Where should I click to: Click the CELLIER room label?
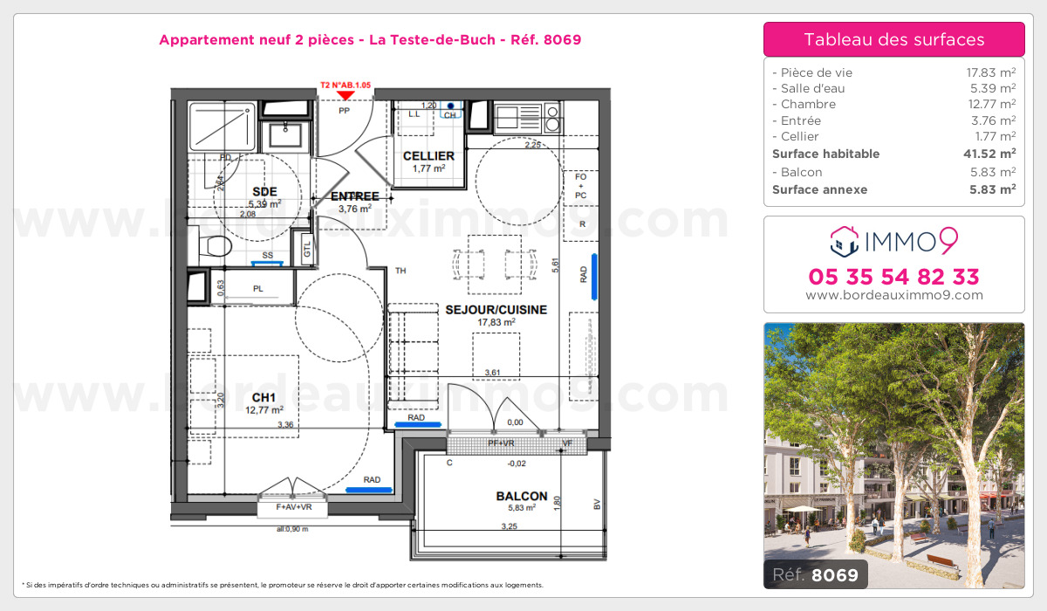click(x=428, y=156)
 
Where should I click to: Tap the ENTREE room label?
click(x=354, y=196)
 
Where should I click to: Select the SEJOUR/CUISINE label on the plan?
click(x=496, y=310)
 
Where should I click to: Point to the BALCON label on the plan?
click(x=521, y=496)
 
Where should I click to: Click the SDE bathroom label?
click(x=264, y=192)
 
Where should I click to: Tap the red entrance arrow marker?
click(x=346, y=94)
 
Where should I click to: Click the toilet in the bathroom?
click(x=209, y=244)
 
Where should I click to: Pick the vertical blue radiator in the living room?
click(x=594, y=276)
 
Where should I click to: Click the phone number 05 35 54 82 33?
click(x=893, y=278)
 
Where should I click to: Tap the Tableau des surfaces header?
click(x=893, y=39)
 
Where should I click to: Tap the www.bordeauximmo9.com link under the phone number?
click(x=893, y=295)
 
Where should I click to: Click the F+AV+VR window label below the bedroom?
click(x=292, y=507)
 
